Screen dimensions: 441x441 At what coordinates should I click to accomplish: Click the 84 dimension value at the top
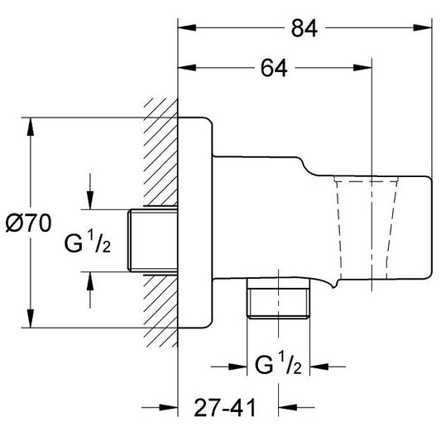pos(304,28)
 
